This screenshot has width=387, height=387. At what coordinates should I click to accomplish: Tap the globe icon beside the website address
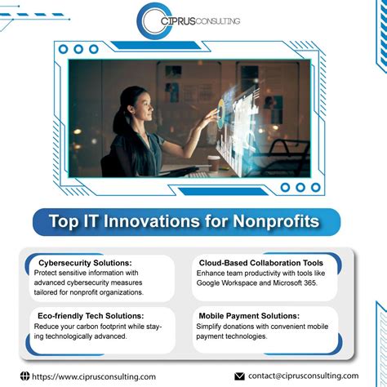tap(24, 376)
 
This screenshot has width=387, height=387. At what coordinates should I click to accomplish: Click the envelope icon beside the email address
tap(239, 376)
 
